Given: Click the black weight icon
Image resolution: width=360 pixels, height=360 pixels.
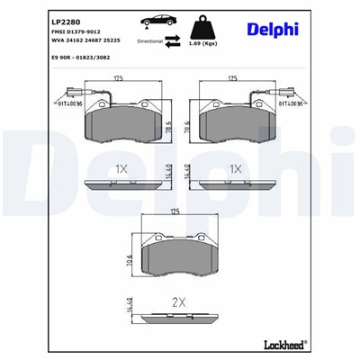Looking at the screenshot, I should point(210,22).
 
